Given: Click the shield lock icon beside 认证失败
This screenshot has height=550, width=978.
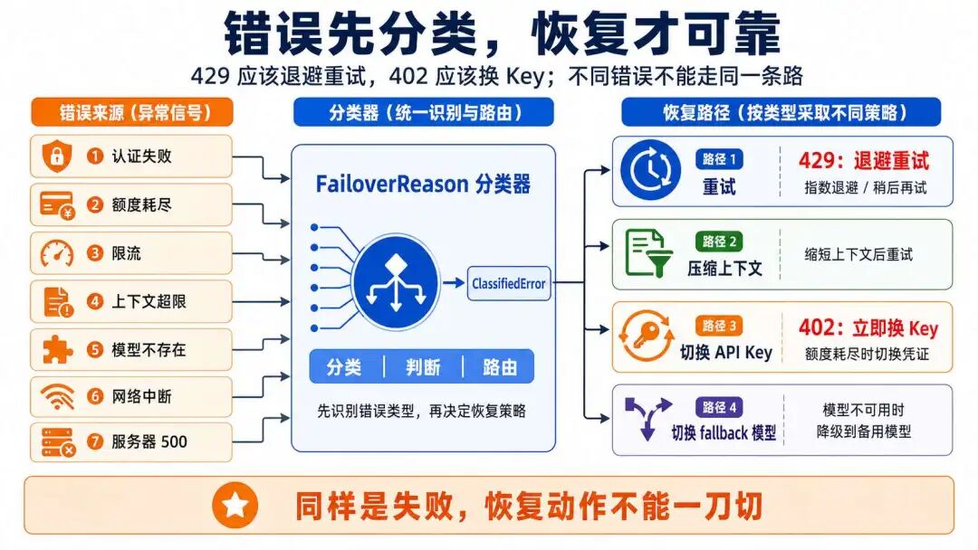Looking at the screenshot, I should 56,156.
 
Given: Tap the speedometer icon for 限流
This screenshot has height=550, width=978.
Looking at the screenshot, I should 57,253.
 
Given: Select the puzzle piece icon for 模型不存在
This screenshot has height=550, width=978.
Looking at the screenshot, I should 57,349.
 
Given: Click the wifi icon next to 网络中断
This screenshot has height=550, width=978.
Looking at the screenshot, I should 57,396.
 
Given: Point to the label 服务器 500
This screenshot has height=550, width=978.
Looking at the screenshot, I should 149,442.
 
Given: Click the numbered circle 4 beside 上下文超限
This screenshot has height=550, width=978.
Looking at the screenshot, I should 95,301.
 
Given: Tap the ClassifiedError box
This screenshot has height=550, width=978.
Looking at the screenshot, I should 508,283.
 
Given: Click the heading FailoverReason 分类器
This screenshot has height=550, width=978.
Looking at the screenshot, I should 423,185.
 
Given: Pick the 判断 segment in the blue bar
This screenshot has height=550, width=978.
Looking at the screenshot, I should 423,367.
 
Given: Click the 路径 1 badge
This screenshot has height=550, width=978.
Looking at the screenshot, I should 720,159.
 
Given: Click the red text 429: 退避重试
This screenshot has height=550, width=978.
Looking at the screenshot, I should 863,162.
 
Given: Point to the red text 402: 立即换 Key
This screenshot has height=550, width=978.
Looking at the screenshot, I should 868,328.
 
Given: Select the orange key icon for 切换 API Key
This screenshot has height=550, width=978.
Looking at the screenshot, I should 646,337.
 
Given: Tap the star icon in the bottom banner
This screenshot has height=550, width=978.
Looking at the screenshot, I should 235,506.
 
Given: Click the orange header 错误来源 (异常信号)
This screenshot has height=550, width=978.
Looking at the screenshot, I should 132,112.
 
